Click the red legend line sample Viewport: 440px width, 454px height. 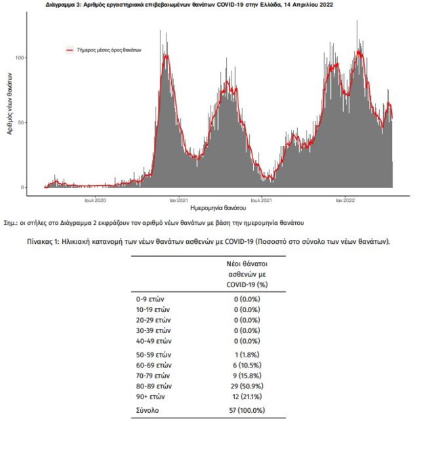[x=70, y=50]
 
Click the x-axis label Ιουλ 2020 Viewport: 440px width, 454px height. [x=95, y=200]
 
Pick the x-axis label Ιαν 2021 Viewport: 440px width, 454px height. [x=178, y=200]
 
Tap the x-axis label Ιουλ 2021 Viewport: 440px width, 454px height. [x=261, y=200]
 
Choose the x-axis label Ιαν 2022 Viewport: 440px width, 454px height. [x=345, y=200]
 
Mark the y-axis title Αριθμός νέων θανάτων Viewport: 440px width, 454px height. [x=9, y=108]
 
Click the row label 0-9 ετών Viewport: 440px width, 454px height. [x=150, y=298]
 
